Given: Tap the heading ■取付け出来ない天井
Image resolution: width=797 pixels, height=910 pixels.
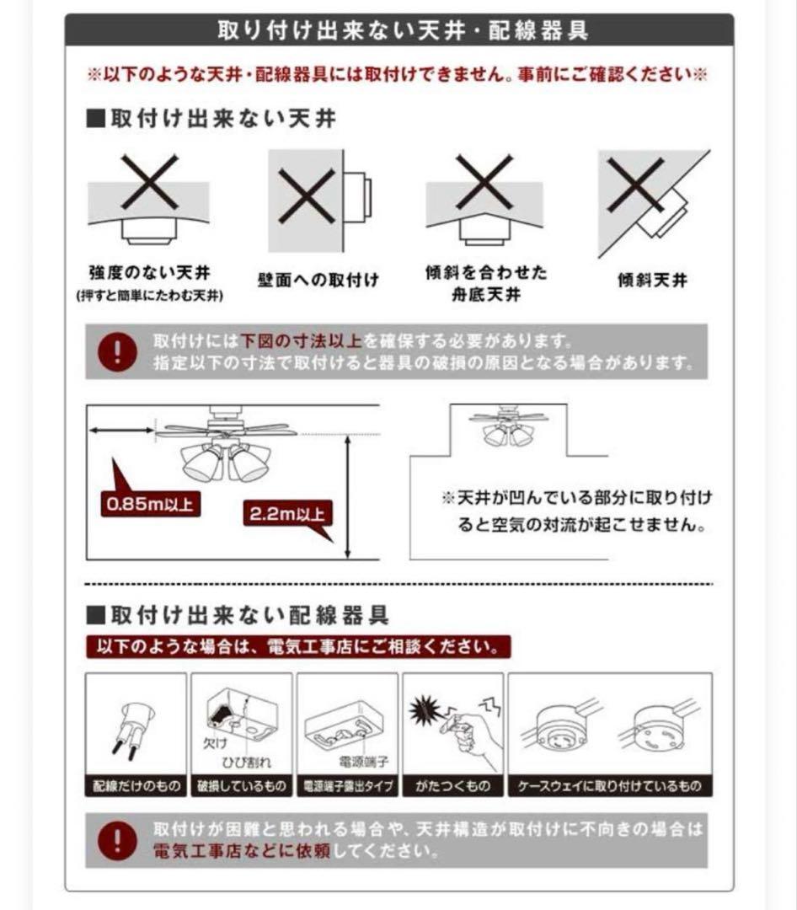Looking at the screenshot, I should tap(211, 118).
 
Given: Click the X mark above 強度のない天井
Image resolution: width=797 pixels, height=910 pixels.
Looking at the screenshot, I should tap(149, 182).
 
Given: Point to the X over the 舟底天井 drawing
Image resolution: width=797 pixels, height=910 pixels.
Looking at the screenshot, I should tap(484, 182).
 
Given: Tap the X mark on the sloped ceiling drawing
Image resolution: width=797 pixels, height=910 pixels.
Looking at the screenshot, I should tap(636, 185).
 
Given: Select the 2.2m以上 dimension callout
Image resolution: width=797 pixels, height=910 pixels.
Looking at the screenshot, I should tap(287, 513).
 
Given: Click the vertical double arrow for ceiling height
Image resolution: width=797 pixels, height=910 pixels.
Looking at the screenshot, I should tap(347, 498).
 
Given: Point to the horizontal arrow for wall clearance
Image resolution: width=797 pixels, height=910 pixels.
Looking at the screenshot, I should tap(121, 431).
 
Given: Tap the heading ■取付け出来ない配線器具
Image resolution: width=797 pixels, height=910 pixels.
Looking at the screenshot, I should tap(238, 615).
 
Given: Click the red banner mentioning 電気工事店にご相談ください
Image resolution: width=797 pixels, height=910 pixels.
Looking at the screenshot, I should tap(298, 647).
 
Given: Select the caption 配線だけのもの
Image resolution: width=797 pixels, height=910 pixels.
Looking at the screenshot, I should tap(136, 787).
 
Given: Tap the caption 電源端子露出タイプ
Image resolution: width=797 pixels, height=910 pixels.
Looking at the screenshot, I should tap(348, 787).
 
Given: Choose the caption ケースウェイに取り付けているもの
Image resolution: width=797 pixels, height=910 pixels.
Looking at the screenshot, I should tap(610, 787).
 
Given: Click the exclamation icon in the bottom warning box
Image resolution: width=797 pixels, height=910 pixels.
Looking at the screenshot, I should tap(117, 840).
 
